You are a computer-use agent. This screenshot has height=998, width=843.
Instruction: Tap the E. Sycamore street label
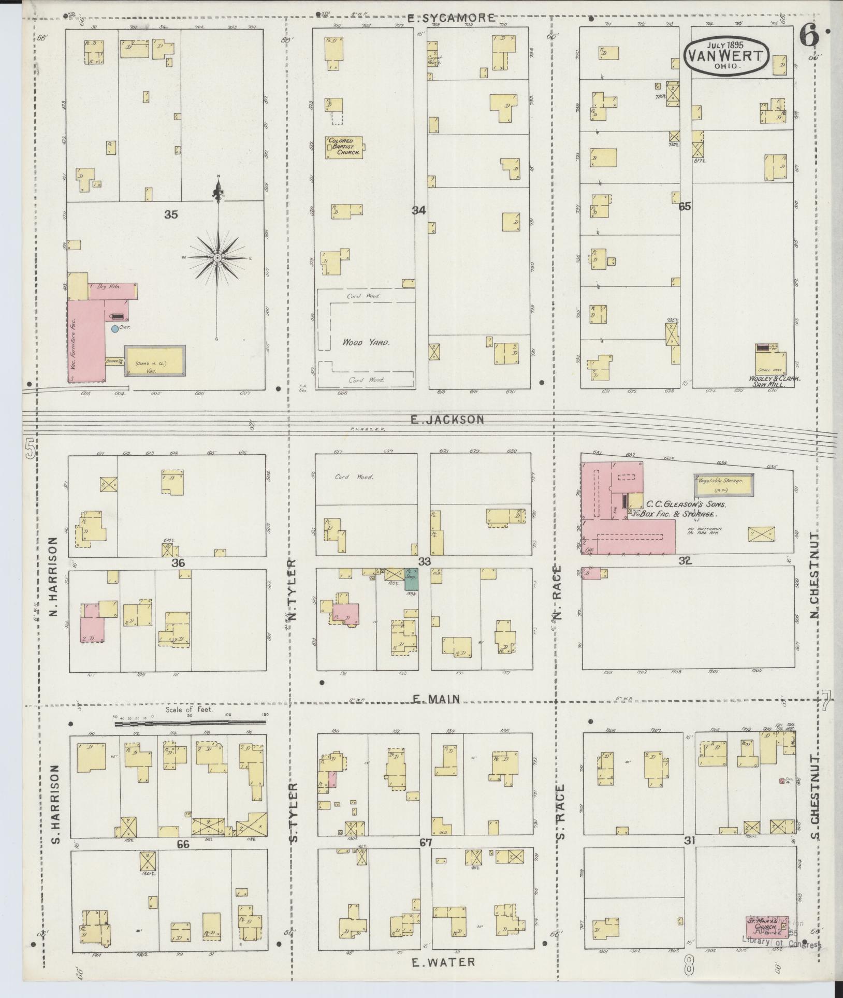pos(450,18)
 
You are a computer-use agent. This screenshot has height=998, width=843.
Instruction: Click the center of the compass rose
pos(218,257)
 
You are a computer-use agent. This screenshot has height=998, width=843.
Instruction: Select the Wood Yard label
pos(366,342)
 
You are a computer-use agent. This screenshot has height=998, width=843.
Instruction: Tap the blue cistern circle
pos(114,328)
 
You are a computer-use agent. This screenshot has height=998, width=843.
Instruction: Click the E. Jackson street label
pos(447,420)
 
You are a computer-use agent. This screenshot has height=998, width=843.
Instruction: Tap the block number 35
pos(171,214)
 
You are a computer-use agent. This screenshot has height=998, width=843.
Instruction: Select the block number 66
pos(183,844)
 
